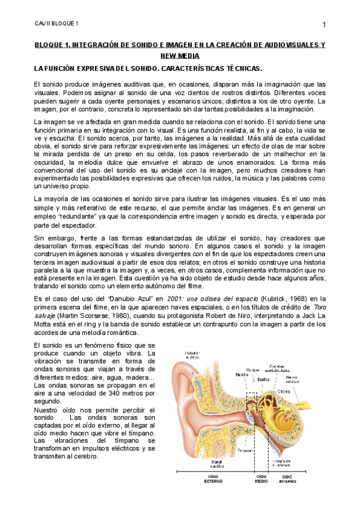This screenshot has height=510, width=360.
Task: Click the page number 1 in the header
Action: (x=324, y=24)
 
